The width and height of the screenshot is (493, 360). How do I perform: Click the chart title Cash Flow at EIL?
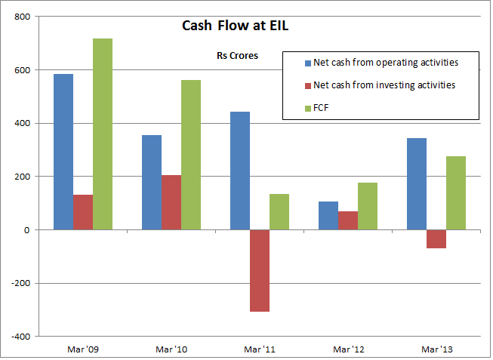(x=235, y=26)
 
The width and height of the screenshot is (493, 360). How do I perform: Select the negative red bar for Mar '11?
(x=260, y=270)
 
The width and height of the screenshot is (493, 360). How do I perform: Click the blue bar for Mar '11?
(x=240, y=171)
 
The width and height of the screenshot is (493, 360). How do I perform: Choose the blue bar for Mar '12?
(x=328, y=215)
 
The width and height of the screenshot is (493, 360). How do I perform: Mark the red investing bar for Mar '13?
(x=436, y=238)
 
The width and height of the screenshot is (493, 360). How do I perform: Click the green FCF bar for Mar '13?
(x=456, y=192)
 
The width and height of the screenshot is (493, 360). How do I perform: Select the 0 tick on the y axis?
(x=26, y=229)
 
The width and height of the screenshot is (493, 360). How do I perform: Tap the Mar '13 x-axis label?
(x=436, y=349)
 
